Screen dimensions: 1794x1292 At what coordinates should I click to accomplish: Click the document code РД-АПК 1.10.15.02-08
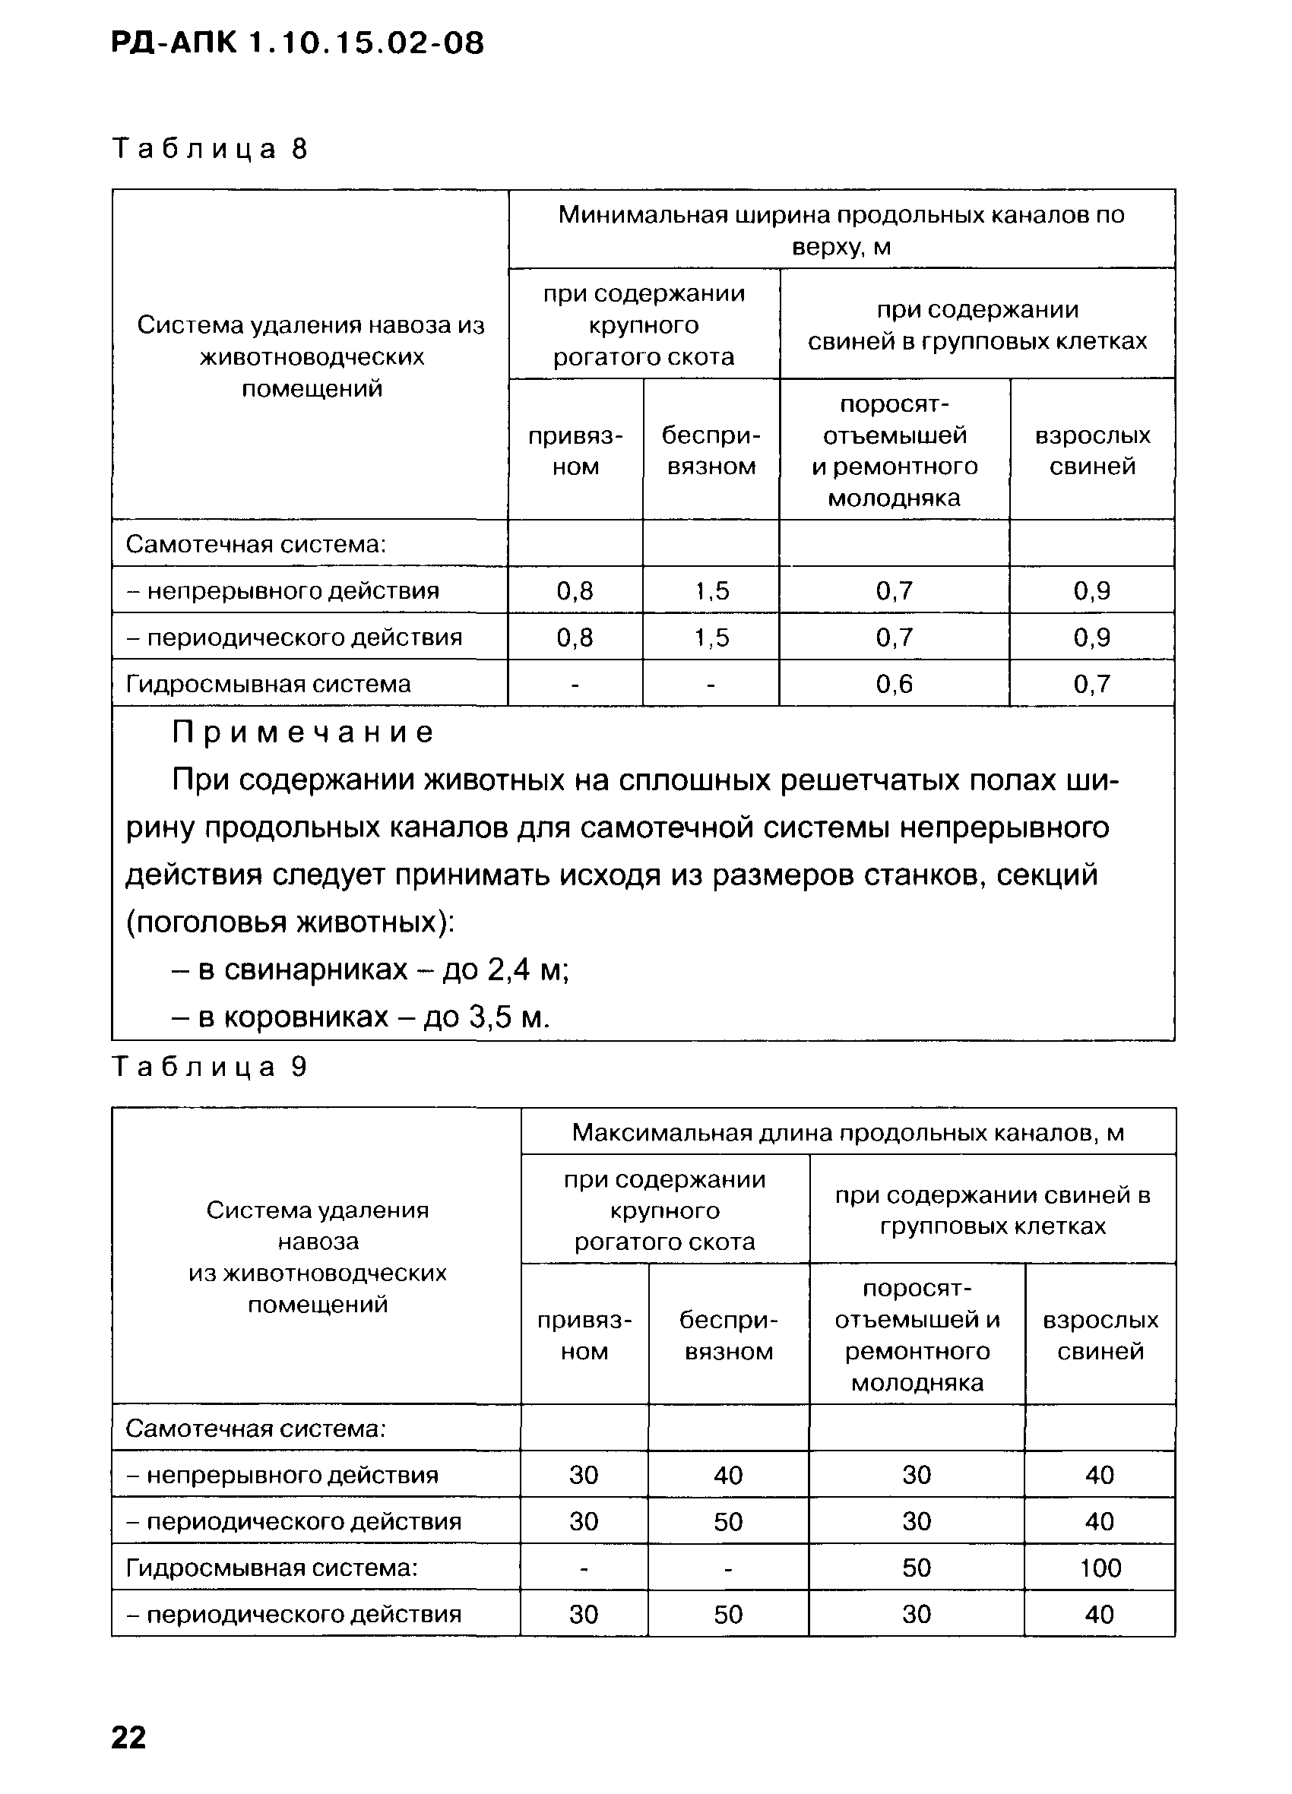point(296,43)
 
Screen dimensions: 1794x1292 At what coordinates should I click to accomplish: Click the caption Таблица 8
point(210,149)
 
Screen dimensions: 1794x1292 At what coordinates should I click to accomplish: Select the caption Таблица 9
point(210,1067)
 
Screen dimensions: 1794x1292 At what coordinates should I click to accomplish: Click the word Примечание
point(303,732)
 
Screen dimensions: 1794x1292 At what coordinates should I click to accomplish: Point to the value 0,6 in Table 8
point(894,683)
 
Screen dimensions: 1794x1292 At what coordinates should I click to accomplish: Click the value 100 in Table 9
point(1100,1568)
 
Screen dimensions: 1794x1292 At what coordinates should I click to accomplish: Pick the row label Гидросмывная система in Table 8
point(268,683)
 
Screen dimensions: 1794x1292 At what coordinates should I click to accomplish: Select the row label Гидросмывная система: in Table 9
point(271,1568)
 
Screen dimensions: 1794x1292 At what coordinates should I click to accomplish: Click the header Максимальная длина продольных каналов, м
point(848,1133)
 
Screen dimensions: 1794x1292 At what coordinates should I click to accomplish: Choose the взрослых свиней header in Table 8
point(1092,451)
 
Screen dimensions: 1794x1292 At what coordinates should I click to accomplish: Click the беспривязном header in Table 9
point(728,1335)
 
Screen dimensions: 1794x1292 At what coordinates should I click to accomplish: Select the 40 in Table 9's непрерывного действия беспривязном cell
point(728,1474)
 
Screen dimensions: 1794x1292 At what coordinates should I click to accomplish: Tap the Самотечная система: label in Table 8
point(255,544)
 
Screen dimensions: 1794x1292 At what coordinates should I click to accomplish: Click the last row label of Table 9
point(293,1614)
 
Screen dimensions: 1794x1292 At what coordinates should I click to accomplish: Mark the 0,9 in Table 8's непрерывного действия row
point(1092,591)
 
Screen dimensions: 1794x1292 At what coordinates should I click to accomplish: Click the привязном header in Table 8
point(575,451)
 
